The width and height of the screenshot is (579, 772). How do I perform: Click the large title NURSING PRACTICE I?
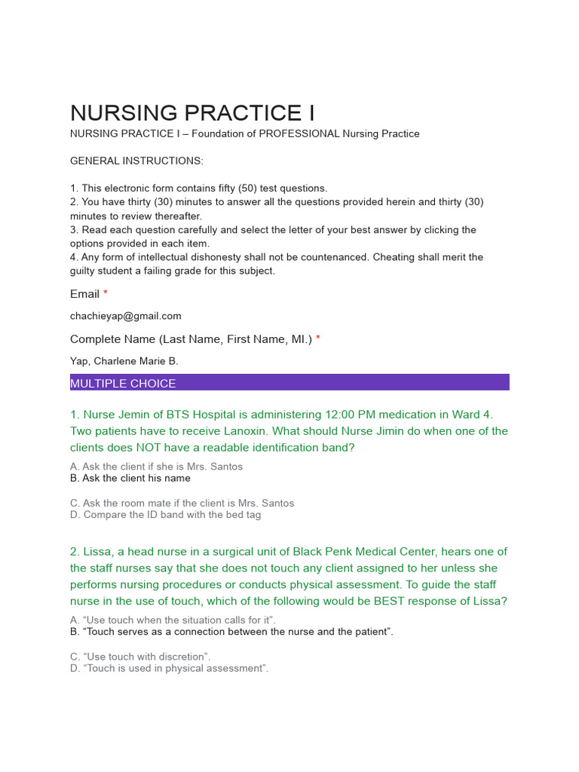[x=192, y=113]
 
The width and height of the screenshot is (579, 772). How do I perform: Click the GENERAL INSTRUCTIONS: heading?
[x=136, y=161]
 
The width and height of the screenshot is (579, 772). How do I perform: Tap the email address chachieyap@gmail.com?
[x=126, y=316]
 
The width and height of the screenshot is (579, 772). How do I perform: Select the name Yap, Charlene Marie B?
[x=124, y=361]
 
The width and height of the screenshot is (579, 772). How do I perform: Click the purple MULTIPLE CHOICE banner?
[x=289, y=383]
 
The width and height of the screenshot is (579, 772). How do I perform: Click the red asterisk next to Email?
[x=106, y=293]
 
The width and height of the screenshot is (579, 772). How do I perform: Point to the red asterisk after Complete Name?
[x=318, y=339]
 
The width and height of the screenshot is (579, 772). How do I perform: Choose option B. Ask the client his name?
[x=130, y=478]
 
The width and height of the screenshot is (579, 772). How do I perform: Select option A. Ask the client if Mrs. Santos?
[x=157, y=467]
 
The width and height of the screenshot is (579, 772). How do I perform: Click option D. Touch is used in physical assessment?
[x=170, y=668]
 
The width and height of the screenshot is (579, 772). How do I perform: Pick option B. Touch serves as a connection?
[x=231, y=632]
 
